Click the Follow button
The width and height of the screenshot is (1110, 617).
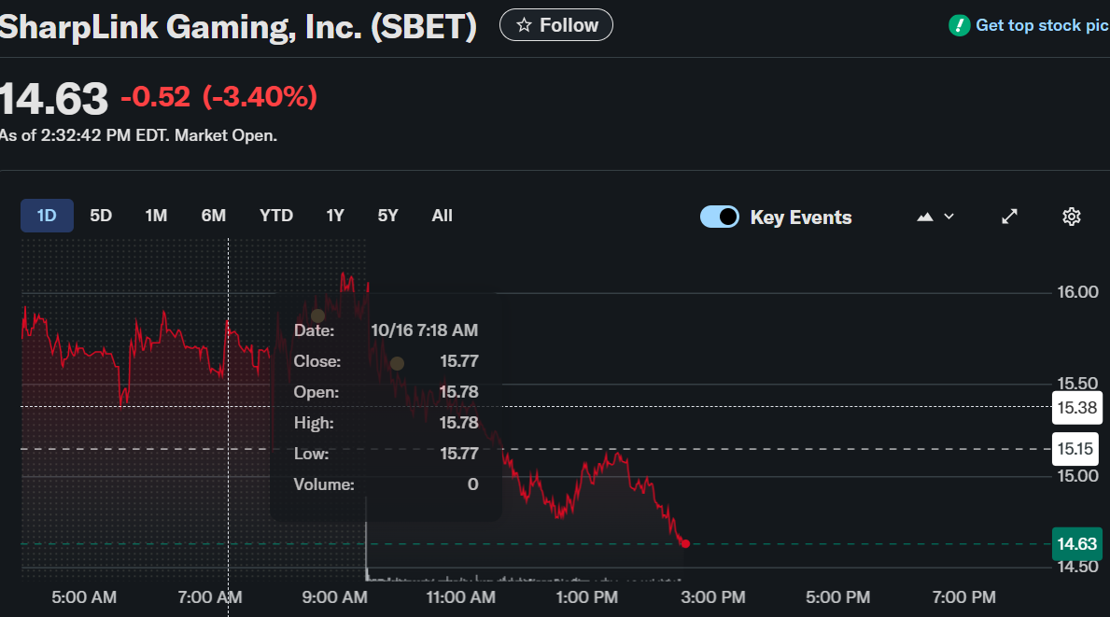tap(556, 25)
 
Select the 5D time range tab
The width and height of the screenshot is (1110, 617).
tap(101, 216)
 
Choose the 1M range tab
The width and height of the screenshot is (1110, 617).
tap(156, 216)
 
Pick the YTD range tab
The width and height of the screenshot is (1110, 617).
tap(276, 216)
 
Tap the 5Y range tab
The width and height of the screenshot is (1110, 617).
tap(388, 216)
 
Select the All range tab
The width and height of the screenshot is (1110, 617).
tap(443, 216)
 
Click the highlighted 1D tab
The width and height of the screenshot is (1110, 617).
tap(47, 216)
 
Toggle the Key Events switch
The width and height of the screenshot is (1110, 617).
tap(720, 217)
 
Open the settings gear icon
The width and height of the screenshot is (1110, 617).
tap(1072, 217)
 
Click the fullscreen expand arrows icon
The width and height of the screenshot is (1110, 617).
tap(1009, 217)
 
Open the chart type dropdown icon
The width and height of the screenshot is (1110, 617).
tap(935, 217)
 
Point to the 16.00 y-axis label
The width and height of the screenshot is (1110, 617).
tap(1077, 292)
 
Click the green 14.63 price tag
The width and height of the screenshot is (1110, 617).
tap(1076, 544)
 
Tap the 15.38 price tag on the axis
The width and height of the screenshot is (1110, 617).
tap(1076, 407)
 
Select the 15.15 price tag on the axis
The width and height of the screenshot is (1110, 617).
tap(1076, 449)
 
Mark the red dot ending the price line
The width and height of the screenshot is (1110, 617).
tap(685, 543)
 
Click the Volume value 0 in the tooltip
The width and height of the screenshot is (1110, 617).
tap(472, 484)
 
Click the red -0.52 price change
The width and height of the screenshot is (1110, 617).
tap(155, 96)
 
